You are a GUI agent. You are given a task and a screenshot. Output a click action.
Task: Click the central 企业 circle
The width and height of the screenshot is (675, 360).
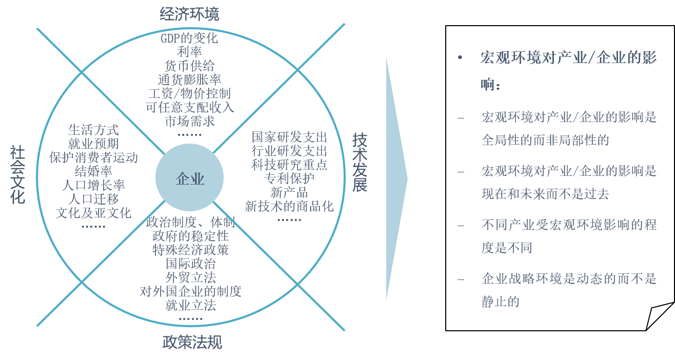[x=190, y=178]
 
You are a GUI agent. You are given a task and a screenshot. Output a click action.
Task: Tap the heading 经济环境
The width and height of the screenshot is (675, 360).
[x=189, y=14]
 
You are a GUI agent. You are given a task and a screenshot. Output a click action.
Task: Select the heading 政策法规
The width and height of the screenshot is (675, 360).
[x=192, y=342]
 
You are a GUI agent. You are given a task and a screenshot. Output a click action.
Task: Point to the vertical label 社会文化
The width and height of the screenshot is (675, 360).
[x=17, y=174]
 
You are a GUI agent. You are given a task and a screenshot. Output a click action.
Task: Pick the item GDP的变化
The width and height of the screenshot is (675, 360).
[x=189, y=38]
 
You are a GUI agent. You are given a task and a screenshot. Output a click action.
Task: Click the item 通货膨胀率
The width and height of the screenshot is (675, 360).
[x=189, y=79]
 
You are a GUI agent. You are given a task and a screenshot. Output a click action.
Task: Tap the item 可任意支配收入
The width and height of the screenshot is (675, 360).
[x=189, y=107]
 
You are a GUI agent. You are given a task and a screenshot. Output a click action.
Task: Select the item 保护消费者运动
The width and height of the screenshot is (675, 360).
[x=93, y=157]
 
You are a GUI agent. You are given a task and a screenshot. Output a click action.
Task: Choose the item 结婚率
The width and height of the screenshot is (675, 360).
[x=93, y=171]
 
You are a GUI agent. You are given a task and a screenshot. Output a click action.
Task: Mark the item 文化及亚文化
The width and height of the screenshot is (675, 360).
[x=93, y=212]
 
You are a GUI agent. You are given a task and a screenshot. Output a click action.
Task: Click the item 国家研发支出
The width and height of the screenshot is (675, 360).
[x=289, y=137]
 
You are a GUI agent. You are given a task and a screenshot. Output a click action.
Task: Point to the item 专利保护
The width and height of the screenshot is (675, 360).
[x=289, y=178]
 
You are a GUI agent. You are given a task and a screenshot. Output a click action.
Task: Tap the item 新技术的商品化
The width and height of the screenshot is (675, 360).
[x=289, y=206]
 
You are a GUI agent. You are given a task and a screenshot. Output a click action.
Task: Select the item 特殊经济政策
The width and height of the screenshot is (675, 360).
[x=190, y=250]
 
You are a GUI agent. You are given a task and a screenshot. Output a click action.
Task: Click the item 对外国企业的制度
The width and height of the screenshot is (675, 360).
[x=190, y=291]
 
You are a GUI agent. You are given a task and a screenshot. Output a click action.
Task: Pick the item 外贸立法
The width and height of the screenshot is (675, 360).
[x=190, y=277]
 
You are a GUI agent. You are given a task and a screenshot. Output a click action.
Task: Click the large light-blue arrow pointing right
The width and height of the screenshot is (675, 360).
[x=396, y=178]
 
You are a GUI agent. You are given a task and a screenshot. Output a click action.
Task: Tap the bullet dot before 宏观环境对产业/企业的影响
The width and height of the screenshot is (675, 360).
[x=460, y=57]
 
